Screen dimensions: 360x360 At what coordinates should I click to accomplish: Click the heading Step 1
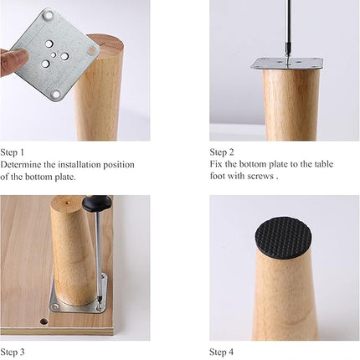[13, 152]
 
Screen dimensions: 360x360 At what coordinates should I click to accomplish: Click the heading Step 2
[222, 152]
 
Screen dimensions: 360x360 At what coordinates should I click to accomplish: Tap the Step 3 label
[13, 352]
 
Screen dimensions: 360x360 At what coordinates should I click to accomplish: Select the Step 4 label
[222, 352]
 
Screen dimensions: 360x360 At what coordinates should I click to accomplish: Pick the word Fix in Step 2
[216, 164]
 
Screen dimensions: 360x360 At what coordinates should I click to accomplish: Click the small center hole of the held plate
[54, 55]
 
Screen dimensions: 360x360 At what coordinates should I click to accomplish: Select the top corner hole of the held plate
[48, 15]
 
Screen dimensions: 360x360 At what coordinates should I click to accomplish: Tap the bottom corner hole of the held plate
[57, 95]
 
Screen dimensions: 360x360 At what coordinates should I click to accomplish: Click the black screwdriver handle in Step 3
[95, 203]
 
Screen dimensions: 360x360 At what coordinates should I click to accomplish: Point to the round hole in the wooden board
[44, 321]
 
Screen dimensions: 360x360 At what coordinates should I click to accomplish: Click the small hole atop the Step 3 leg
[67, 201]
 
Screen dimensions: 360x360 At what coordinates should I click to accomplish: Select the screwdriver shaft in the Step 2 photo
[287, 31]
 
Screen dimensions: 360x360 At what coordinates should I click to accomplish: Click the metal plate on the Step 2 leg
[287, 64]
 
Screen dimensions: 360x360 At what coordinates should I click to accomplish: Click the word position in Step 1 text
[119, 165]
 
